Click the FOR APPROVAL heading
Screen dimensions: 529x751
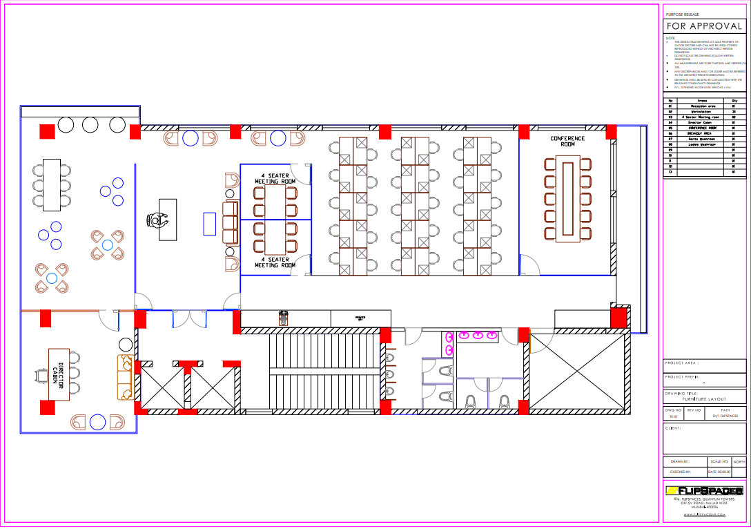[704, 26]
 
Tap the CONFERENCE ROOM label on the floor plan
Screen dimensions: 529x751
[567, 142]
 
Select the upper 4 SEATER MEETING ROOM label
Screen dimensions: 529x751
[275, 178]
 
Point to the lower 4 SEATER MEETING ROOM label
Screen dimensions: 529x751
[275, 262]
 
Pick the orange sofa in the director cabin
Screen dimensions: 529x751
[124, 377]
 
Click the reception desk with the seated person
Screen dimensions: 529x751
[166, 220]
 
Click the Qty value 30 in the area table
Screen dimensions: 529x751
[734, 111]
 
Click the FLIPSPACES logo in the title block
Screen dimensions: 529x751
[704, 490]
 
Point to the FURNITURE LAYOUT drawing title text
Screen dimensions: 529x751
[704, 400]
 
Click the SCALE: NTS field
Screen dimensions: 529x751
[719, 461]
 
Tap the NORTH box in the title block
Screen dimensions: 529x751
[739, 461]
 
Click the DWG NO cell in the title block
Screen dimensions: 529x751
[672, 413]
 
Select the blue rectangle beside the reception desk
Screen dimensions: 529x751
[209, 224]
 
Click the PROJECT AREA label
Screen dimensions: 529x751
[682, 363]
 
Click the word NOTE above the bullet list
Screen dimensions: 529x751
[670, 38]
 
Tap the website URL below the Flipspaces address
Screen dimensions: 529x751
[704, 514]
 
